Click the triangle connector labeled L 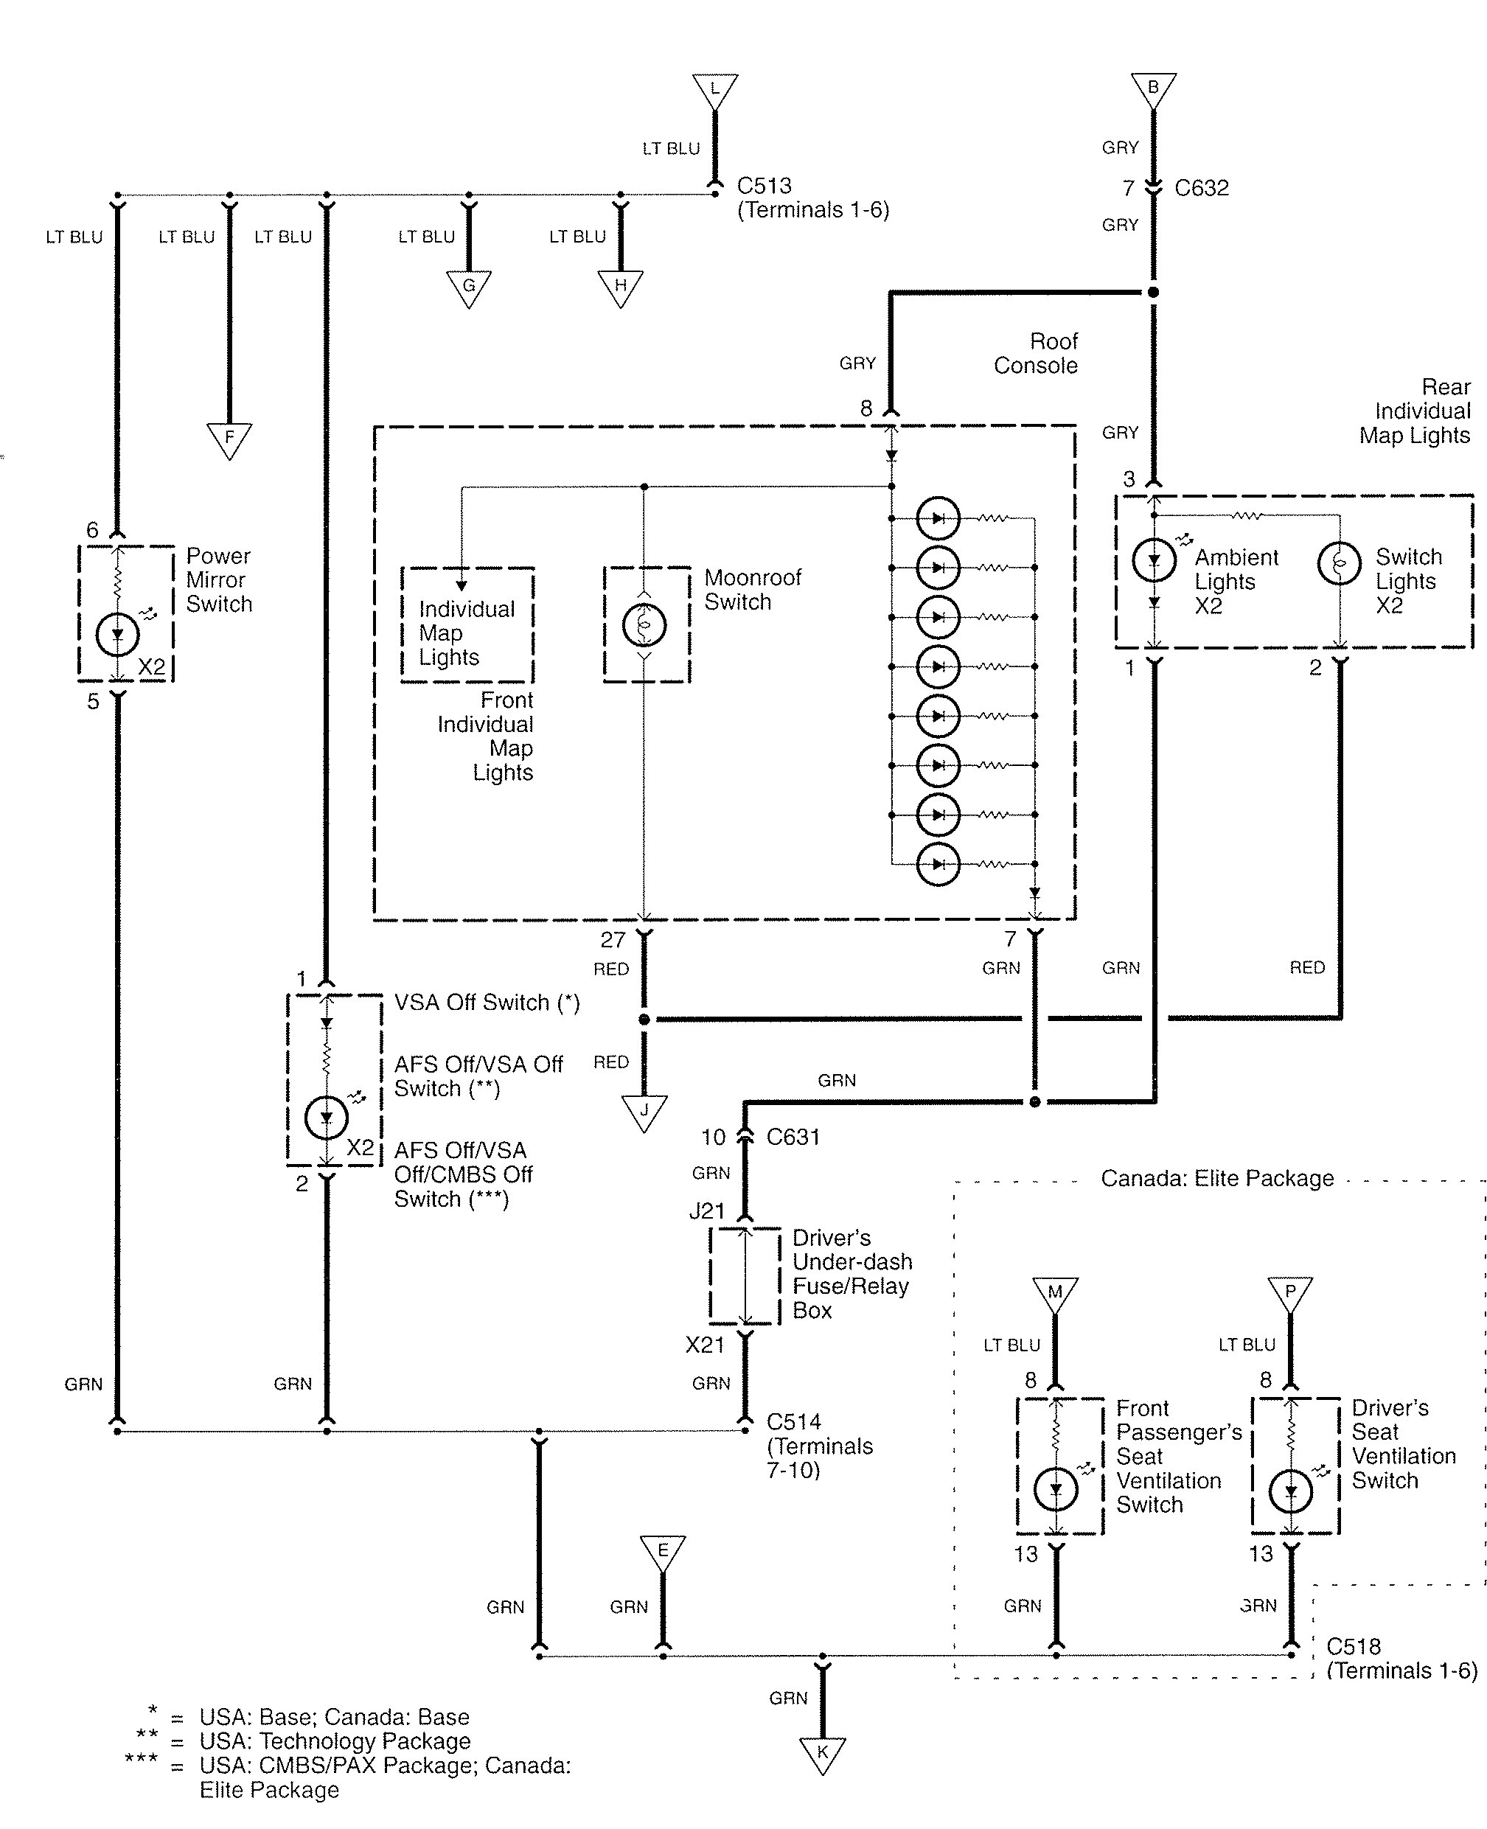click(714, 90)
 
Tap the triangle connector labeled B click(1153, 89)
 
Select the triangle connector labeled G click(469, 287)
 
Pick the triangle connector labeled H click(620, 287)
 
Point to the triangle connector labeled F click(229, 439)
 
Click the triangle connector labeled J click(644, 1113)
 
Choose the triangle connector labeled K click(822, 1755)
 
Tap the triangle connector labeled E click(662, 1553)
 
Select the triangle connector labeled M click(1055, 1295)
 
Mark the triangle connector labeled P click(1290, 1295)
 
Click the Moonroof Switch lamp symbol click(644, 624)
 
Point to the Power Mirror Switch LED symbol click(117, 635)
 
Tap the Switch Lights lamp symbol click(1339, 562)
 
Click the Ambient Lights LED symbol click(1154, 561)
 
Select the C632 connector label click(1201, 189)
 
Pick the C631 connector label click(793, 1137)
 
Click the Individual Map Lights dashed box click(467, 624)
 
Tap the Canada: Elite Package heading click(1216, 1179)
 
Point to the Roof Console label click(1036, 353)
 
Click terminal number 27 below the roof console click(613, 940)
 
